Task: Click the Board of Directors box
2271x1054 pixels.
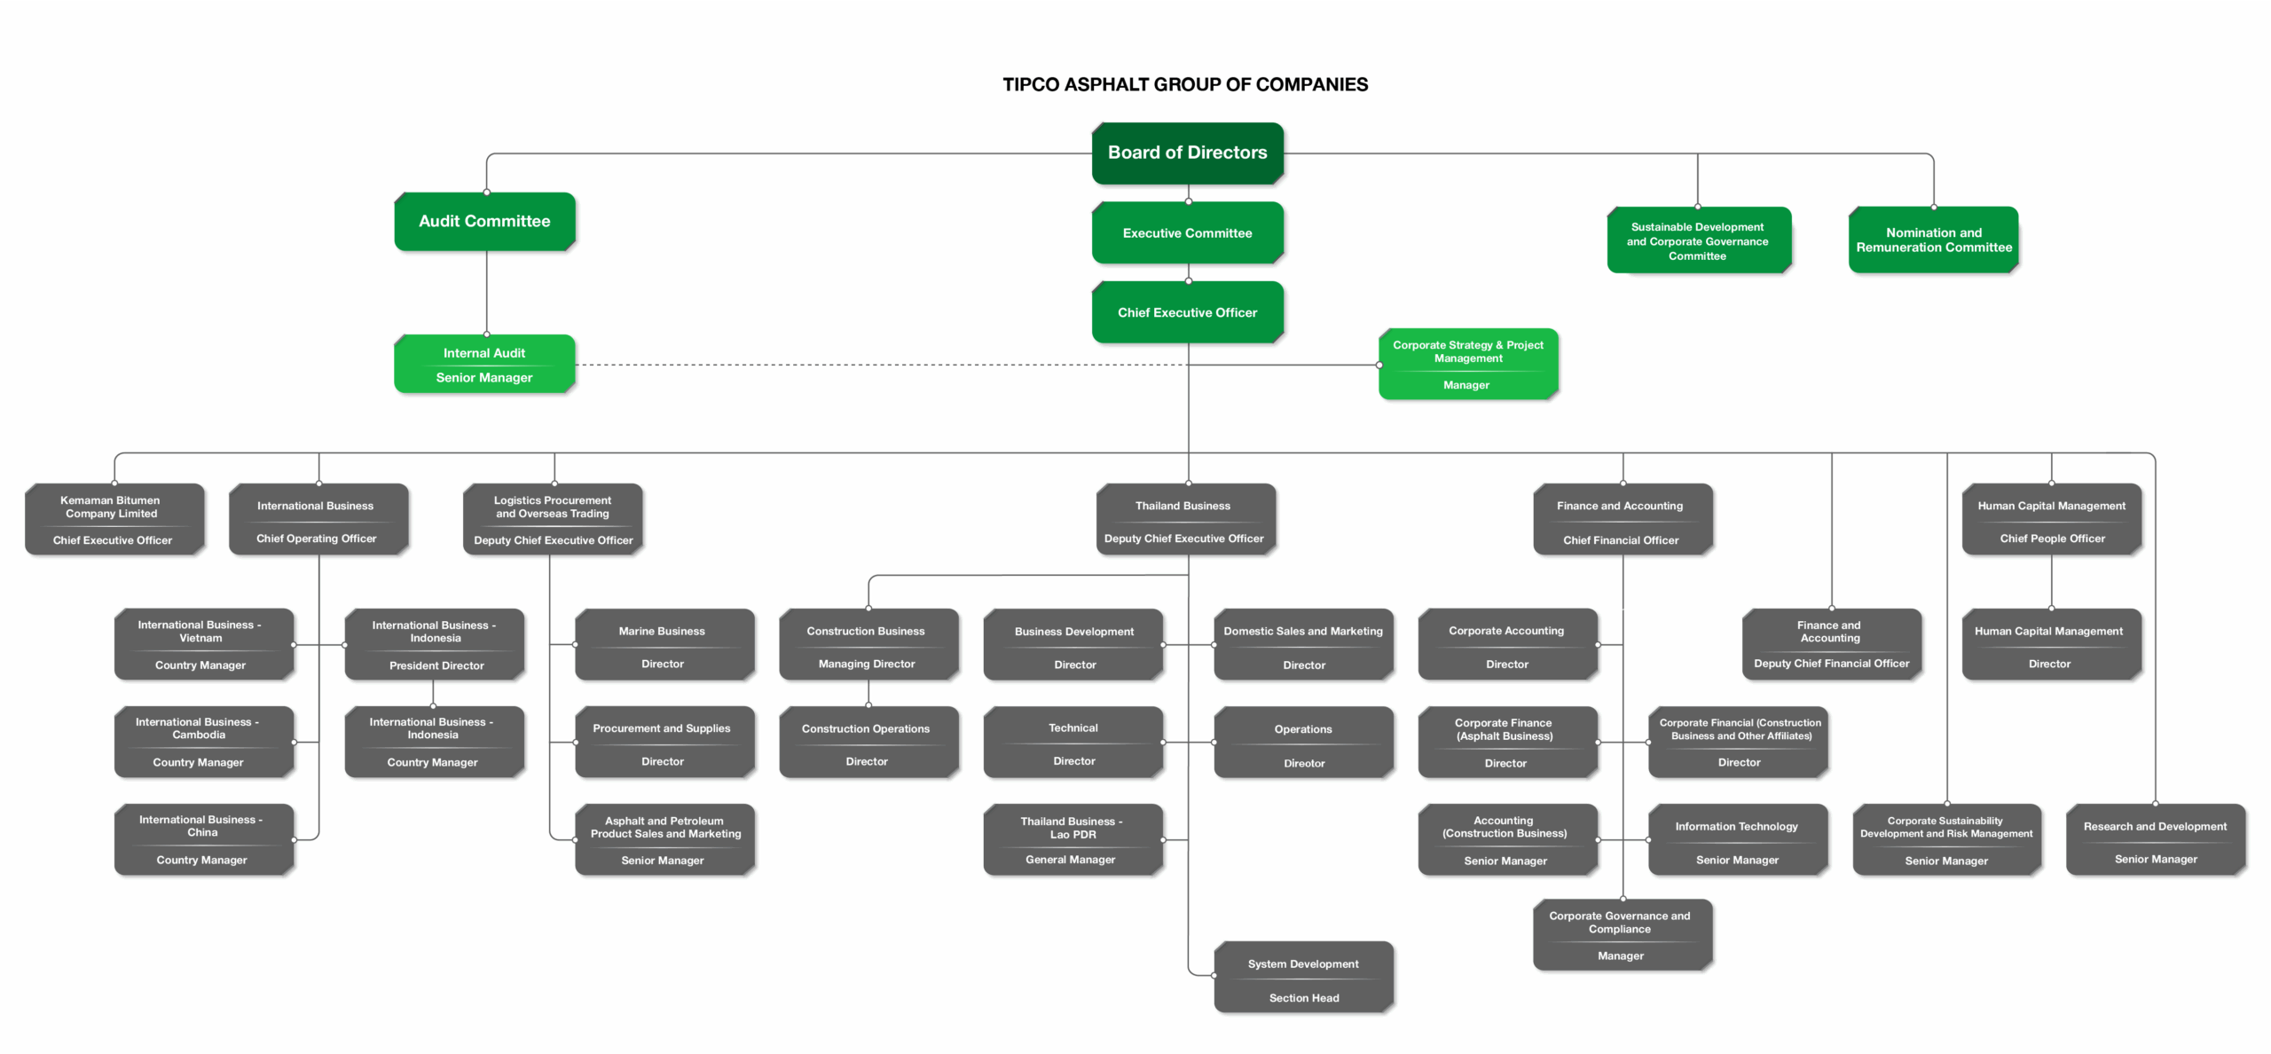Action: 1187,153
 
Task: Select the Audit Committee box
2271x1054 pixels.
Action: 484,222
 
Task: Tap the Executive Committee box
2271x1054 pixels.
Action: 1187,233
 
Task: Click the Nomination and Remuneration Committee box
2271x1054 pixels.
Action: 1933,240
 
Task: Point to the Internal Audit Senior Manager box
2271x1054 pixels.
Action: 484,365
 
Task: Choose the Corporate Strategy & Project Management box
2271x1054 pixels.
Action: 1467,365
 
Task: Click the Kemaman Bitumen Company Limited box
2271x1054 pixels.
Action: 114,520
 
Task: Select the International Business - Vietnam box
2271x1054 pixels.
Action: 203,645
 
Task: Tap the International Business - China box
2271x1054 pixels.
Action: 203,840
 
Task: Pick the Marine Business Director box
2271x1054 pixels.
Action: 664,645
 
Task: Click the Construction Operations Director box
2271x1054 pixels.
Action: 868,743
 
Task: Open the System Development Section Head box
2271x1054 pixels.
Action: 1303,978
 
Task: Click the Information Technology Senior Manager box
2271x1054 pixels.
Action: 1737,840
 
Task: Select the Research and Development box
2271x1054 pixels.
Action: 2155,840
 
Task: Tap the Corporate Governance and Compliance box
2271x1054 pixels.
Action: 1622,935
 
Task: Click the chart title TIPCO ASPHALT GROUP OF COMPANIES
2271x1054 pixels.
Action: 1185,85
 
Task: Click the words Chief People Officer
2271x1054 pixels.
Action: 2052,539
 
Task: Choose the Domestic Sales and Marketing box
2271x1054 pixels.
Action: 1303,645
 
